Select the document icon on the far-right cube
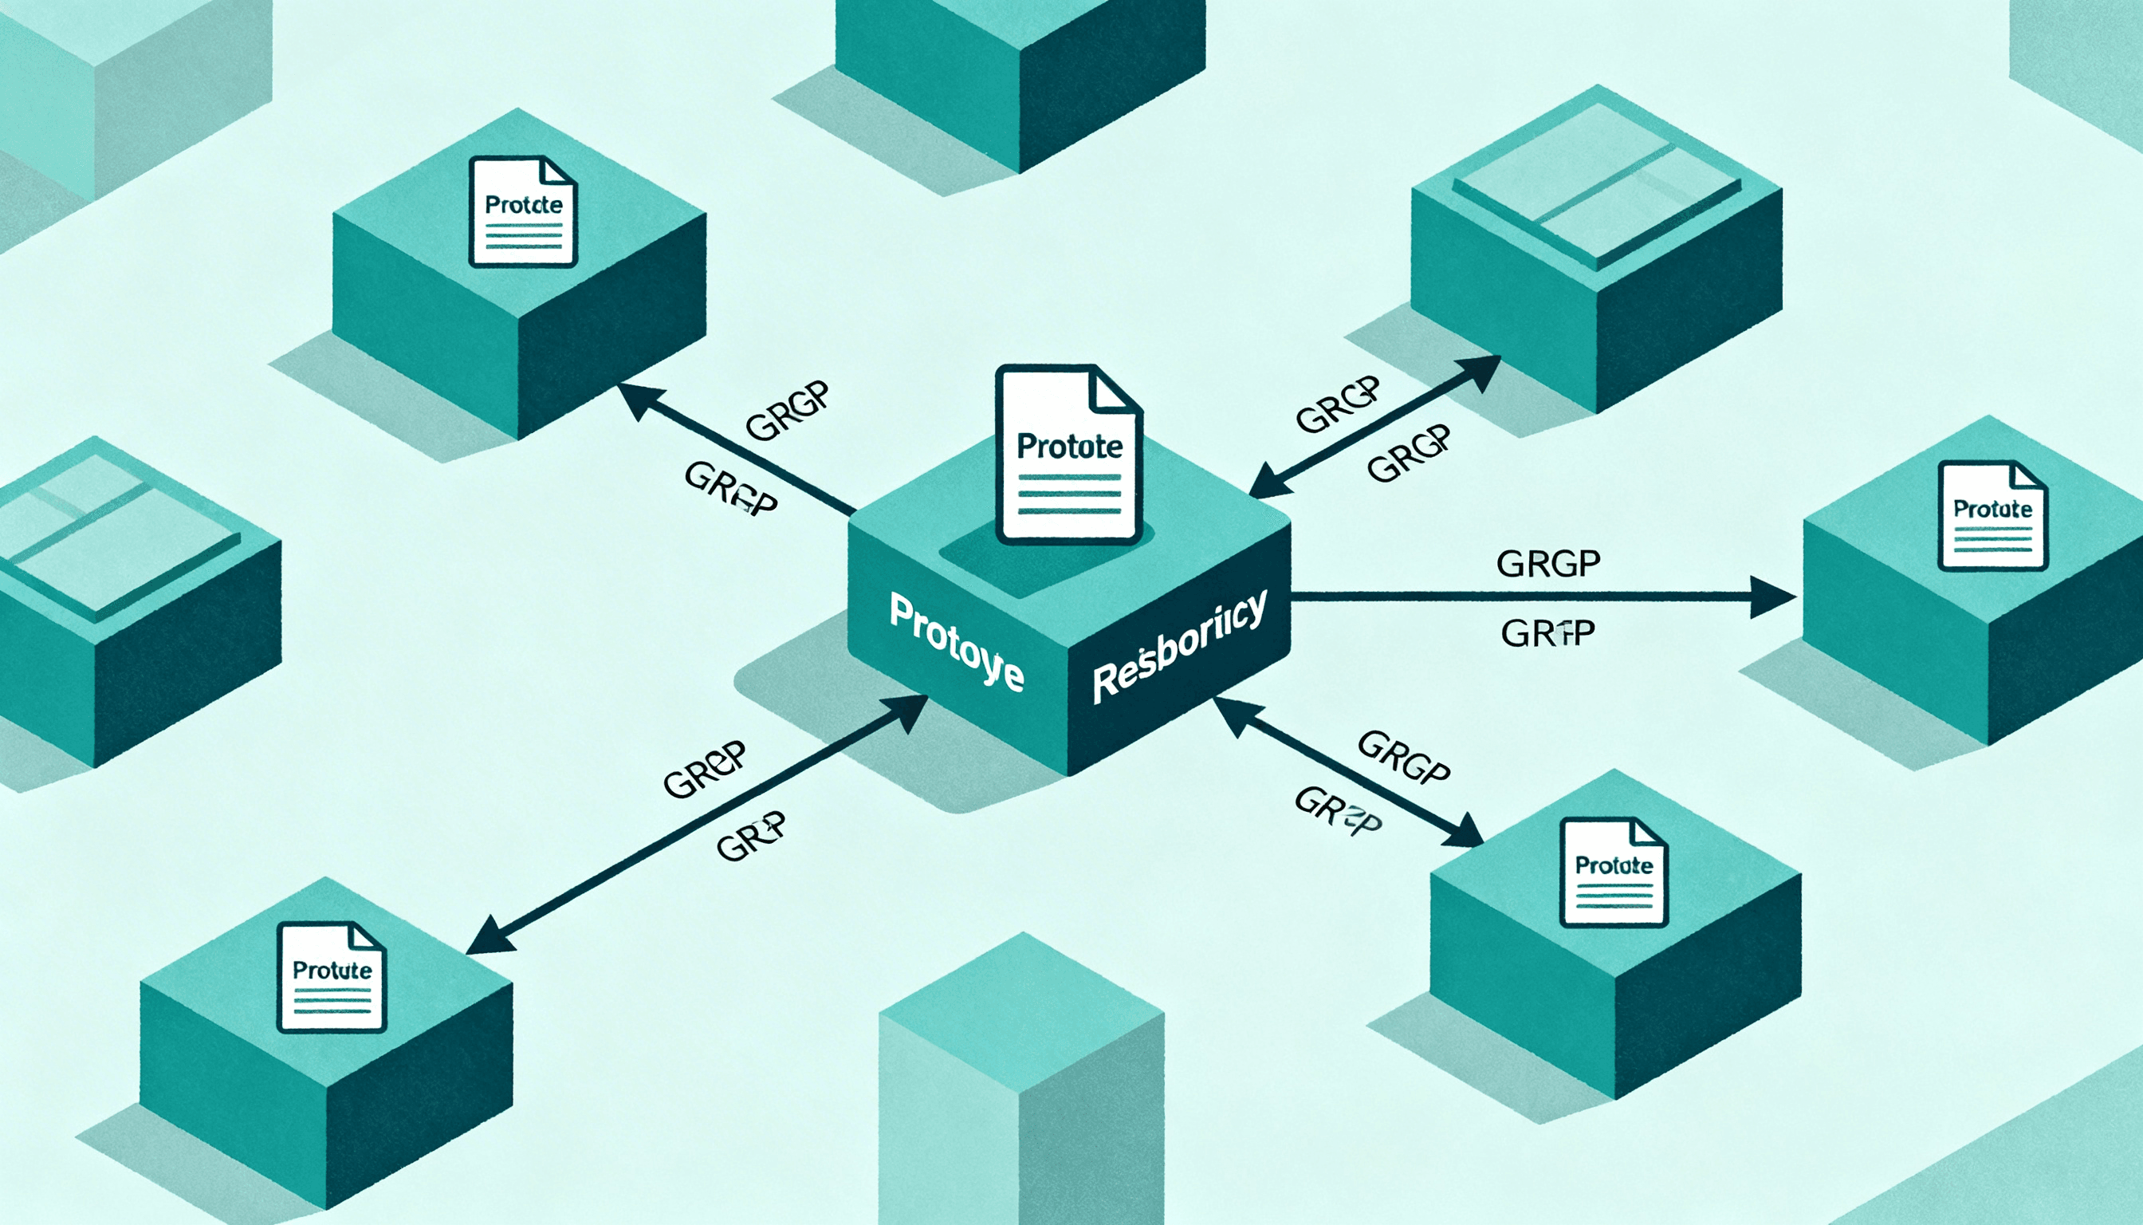[x=1992, y=516]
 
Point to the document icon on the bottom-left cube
[x=332, y=978]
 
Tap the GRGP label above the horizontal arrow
[x=1547, y=563]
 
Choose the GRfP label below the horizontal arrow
[x=1547, y=633]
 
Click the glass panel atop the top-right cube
[x=1596, y=187]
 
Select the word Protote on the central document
[x=1069, y=447]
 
